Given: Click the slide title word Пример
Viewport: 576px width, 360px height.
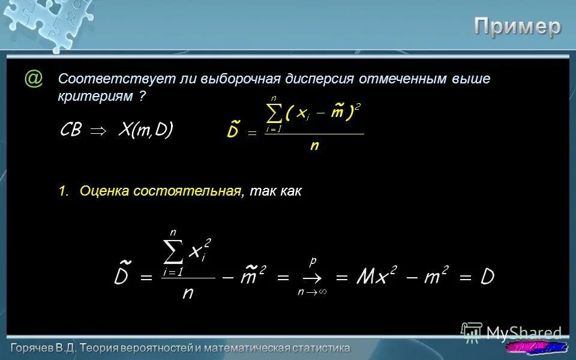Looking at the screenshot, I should [518, 26].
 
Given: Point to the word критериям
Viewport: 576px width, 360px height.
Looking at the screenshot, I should [96, 96].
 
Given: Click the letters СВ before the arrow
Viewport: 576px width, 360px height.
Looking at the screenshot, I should [71, 130].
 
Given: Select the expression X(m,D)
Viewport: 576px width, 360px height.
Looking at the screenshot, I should [145, 130].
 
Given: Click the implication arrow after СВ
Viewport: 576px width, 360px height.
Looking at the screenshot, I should [98, 131].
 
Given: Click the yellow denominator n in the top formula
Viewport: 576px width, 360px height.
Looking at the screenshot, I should [314, 146].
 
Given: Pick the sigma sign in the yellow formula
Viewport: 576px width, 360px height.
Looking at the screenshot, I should [274, 112].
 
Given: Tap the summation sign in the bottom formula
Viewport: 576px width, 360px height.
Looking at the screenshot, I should [173, 253].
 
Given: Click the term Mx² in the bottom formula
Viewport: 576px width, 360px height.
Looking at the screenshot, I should [376, 277].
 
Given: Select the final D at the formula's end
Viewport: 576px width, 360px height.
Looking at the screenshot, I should [486, 277].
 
